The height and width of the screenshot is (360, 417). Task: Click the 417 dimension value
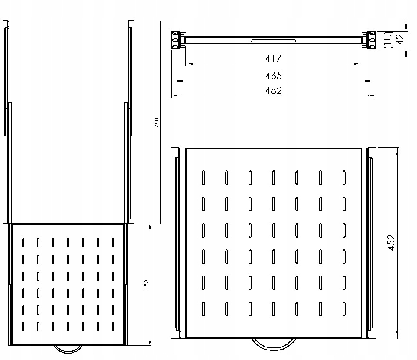[273, 58]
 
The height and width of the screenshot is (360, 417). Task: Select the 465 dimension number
[273, 76]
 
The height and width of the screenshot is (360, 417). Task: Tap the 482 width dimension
[273, 90]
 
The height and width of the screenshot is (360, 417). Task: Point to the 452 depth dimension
[391, 243]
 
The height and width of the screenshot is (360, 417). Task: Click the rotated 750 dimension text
[156, 123]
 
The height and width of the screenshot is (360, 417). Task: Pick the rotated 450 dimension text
[146, 285]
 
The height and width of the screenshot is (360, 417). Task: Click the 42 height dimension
[400, 39]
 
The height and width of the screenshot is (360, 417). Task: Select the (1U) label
[388, 40]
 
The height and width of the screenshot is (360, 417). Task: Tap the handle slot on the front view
[273, 41]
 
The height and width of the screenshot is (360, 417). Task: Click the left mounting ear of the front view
[175, 40]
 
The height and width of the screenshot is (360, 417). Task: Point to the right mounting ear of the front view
[372, 40]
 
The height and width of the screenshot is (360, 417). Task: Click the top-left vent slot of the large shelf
[203, 177]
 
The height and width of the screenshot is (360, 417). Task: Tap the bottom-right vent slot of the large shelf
[344, 309]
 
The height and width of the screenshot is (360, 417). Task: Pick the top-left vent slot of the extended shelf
[23, 243]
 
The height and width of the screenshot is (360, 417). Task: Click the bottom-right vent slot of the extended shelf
[113, 327]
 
